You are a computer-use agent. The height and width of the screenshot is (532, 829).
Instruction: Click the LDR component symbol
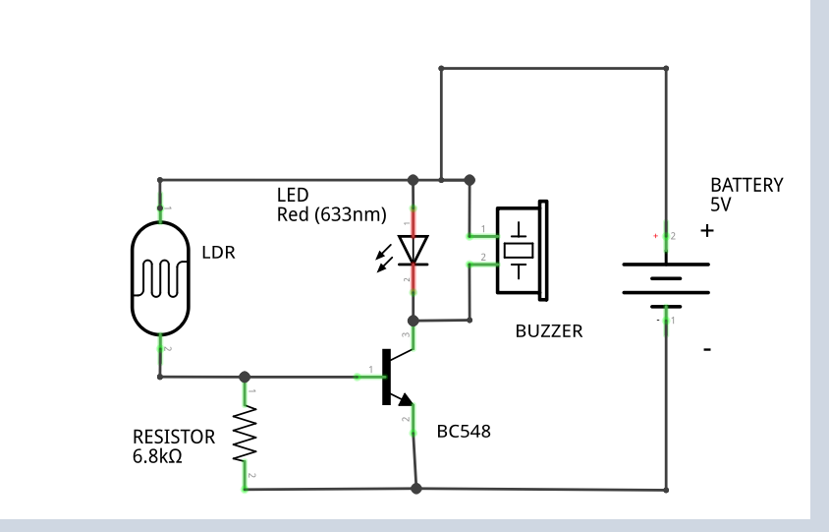(x=159, y=277)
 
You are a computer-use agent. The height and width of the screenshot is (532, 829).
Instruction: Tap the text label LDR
(x=218, y=252)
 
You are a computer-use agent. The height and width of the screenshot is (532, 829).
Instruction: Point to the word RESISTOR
(x=174, y=437)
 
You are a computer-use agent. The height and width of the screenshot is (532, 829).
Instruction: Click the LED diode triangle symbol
(x=414, y=250)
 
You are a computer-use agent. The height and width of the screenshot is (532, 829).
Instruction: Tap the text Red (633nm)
(x=332, y=214)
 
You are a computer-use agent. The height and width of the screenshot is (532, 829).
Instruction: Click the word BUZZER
(x=548, y=331)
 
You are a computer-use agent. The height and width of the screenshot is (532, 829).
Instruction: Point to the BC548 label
(x=464, y=431)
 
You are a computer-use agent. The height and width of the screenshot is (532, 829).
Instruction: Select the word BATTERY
(x=746, y=185)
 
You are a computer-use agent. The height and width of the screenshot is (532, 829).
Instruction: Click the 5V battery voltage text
(x=721, y=205)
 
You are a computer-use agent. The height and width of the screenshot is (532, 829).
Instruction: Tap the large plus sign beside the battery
(x=707, y=231)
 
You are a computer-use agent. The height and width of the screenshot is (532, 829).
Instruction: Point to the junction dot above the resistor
(x=244, y=377)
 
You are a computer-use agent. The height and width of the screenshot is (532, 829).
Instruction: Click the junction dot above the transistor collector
(x=414, y=321)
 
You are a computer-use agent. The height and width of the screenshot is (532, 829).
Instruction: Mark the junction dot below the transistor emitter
(x=416, y=489)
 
